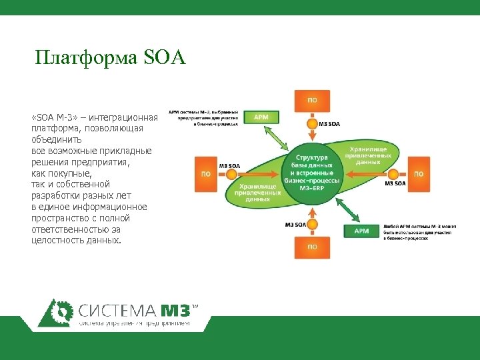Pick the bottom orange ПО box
(311, 246)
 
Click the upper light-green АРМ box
(261, 117)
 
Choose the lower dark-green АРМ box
(361, 231)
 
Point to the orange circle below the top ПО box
(311, 123)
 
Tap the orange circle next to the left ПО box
(229, 173)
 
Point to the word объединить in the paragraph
(57, 140)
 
